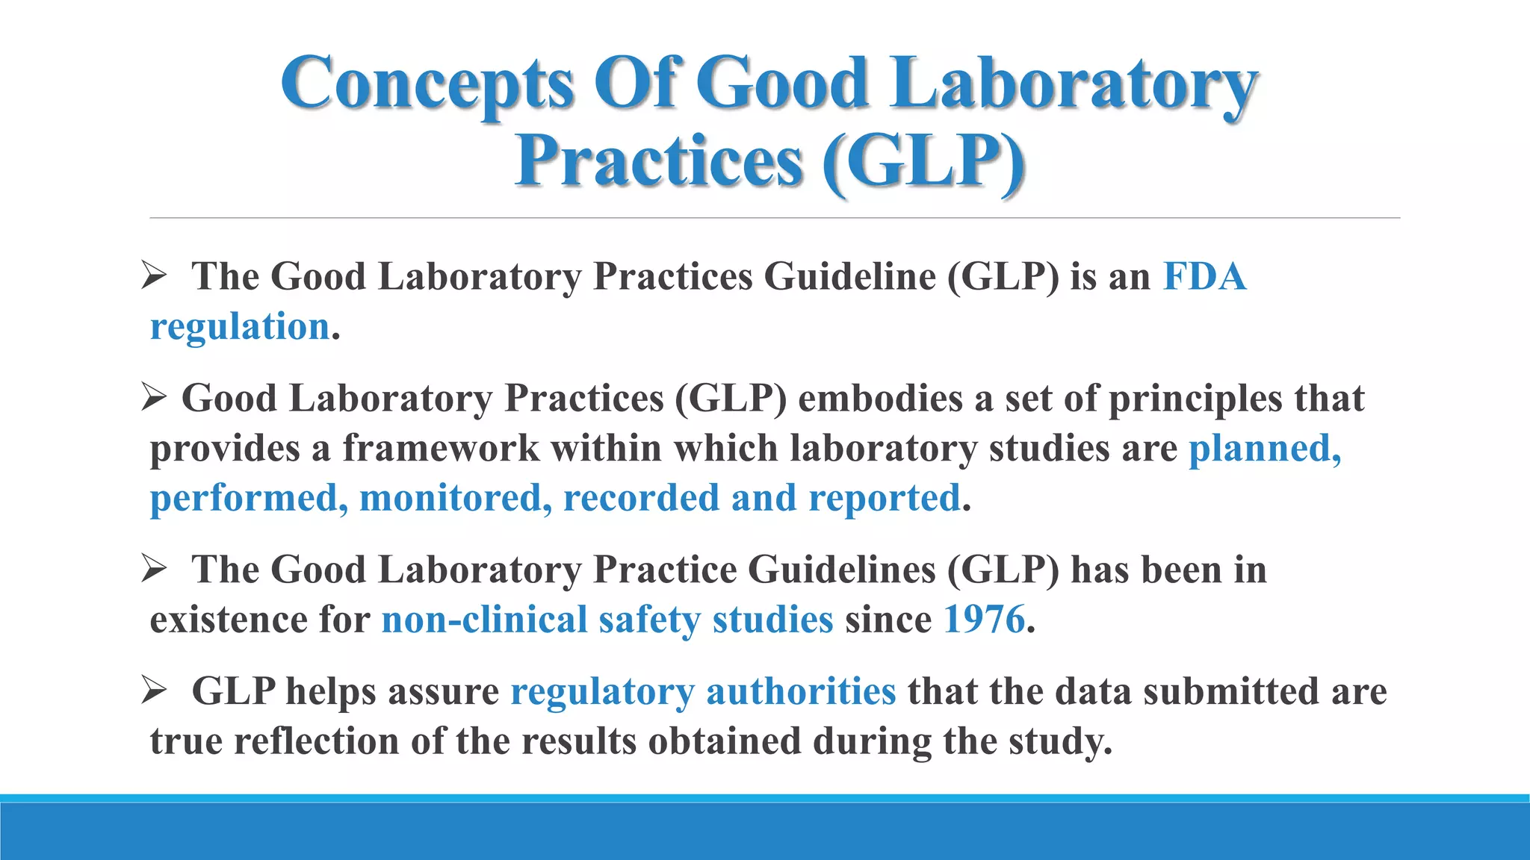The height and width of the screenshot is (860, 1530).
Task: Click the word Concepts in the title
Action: [427, 84]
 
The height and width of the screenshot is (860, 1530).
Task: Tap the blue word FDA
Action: [1204, 277]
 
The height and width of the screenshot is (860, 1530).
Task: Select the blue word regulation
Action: [240, 327]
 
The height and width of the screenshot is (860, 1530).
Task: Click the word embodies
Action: [880, 399]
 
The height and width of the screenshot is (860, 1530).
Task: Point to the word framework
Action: [441, 449]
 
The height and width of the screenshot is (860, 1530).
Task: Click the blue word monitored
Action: [455, 498]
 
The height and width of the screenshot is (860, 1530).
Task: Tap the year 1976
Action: [984, 620]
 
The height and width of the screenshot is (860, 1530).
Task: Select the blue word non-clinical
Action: [484, 620]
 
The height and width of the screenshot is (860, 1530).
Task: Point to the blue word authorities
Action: [800, 691]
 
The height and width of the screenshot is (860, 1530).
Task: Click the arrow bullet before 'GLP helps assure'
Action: [153, 691]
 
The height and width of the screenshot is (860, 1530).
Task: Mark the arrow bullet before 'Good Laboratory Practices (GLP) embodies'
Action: [153, 398]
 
